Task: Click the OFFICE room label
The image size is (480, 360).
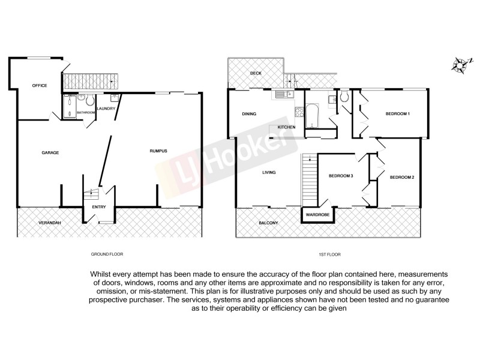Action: [39, 86]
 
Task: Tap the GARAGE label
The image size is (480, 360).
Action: [50, 152]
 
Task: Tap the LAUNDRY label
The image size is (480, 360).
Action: [106, 109]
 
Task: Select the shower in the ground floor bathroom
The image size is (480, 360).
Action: [69, 106]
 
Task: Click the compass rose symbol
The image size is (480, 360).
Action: [460, 65]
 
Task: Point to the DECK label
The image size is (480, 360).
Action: [256, 73]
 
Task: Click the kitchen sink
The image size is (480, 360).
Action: [282, 94]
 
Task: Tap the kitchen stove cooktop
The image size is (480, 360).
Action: [298, 112]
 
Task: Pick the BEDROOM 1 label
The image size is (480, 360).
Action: [397, 114]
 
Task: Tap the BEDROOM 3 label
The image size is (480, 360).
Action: [340, 176]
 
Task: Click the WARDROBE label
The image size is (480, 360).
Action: [316, 214]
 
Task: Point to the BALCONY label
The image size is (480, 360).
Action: [268, 223]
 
